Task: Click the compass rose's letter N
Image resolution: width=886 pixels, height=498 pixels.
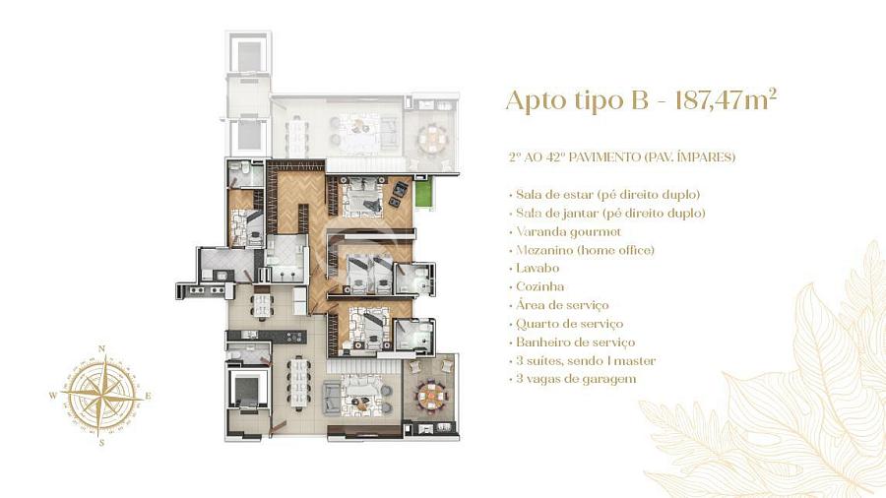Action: pos(101,347)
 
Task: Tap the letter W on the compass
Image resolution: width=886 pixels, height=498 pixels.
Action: pos(53,396)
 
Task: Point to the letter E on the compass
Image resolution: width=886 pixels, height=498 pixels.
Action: pos(148,396)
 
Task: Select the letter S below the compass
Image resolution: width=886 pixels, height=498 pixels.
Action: pos(101,443)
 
